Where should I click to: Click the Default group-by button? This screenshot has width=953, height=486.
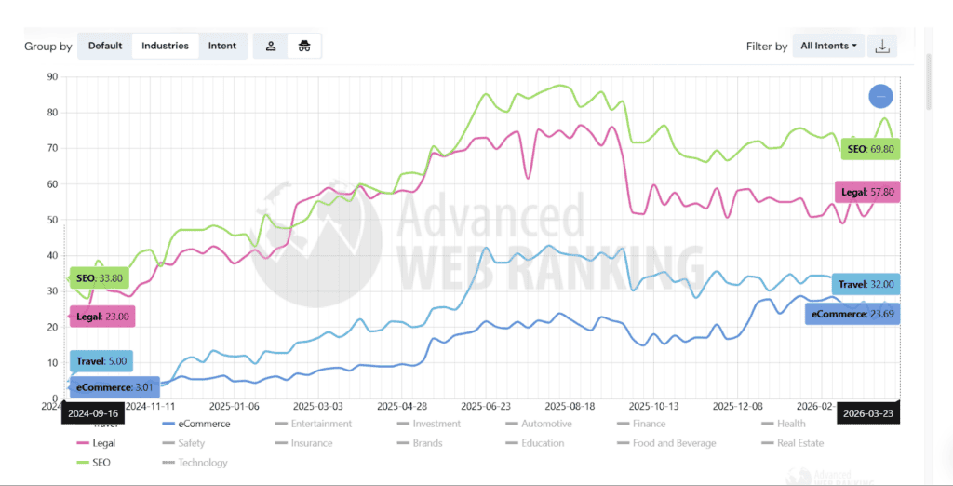tap(105, 46)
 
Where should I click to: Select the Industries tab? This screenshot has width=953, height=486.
tap(165, 46)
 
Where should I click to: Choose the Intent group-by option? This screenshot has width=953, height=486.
tap(222, 46)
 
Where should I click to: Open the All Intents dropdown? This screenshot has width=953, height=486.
tap(828, 46)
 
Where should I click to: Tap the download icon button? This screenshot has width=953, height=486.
tap(883, 46)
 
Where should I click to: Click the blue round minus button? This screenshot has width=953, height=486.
tap(880, 96)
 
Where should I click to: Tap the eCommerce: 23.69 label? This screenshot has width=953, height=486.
tap(852, 314)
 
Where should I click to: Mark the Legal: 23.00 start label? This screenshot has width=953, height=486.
tap(102, 317)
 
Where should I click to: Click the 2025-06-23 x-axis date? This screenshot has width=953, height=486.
tap(485, 407)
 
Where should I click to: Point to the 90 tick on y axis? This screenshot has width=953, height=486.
tap(52, 77)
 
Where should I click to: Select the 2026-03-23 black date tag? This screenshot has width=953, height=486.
tap(868, 412)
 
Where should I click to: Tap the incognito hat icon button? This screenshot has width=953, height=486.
tap(303, 46)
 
